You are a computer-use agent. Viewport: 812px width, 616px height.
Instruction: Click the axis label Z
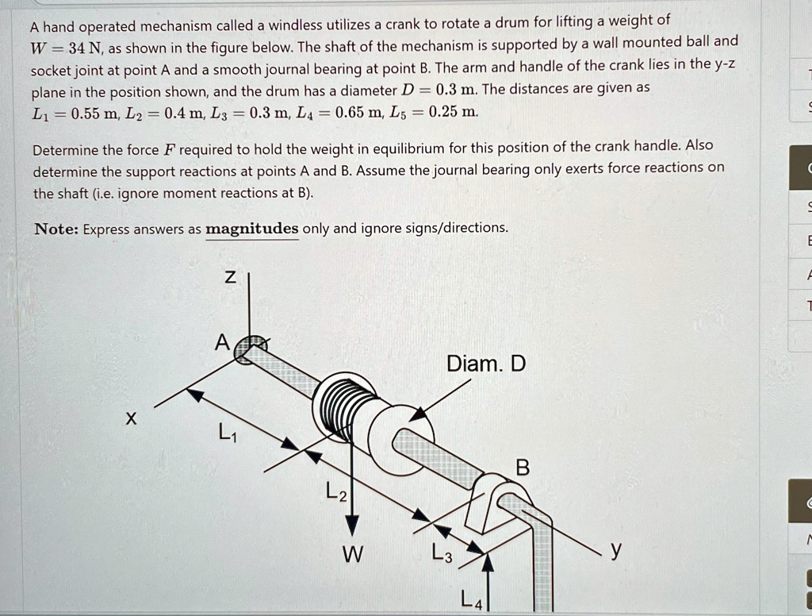pyautogui.click(x=229, y=277)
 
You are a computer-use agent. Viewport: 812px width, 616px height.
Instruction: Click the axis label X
pyautogui.click(x=129, y=418)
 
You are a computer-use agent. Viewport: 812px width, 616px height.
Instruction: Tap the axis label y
pyautogui.click(x=617, y=549)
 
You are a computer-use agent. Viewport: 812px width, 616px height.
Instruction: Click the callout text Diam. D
pyautogui.click(x=486, y=364)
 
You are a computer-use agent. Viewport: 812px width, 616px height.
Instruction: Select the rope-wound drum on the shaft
pyautogui.click(x=343, y=404)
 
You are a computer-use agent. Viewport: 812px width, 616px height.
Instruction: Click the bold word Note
pyautogui.click(x=56, y=229)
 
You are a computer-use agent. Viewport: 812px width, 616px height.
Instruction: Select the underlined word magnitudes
pyautogui.click(x=252, y=229)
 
